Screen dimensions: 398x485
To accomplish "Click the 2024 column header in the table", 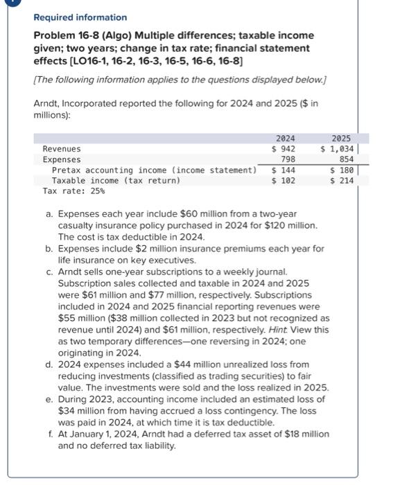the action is (x=285, y=139).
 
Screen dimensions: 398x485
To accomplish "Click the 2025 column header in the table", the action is (x=341, y=139).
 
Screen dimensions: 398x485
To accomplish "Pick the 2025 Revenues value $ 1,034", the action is (x=338, y=149).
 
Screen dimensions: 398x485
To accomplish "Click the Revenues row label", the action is (x=61, y=149).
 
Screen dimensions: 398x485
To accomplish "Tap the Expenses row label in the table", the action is (x=61, y=159).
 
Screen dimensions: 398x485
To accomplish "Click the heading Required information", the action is (x=80, y=17).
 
